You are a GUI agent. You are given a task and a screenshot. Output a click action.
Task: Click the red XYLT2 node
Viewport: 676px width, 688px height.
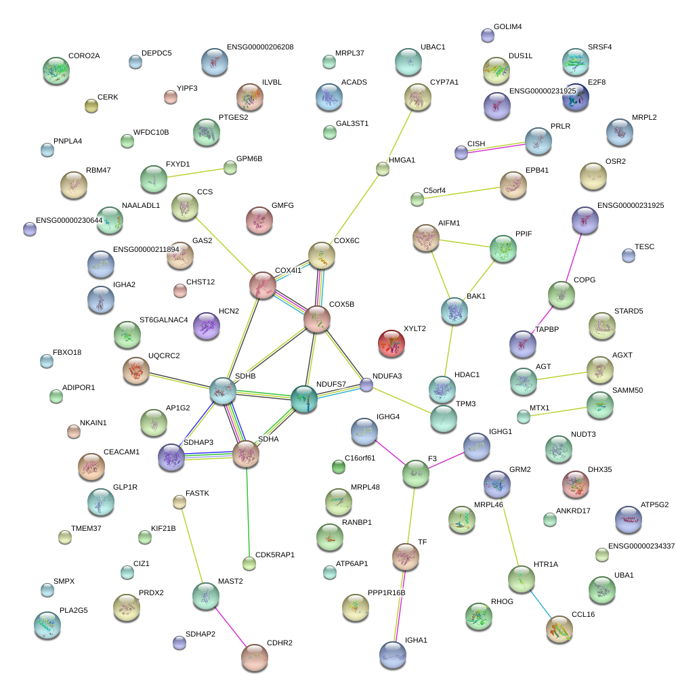click(x=392, y=343)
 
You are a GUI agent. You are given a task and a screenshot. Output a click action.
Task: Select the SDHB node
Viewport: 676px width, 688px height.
click(x=222, y=391)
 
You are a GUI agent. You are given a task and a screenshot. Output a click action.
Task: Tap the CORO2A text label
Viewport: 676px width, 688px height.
click(x=84, y=56)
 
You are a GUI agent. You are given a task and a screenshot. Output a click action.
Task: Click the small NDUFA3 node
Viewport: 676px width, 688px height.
click(x=366, y=385)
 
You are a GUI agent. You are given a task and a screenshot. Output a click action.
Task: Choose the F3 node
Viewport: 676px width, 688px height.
click(x=415, y=473)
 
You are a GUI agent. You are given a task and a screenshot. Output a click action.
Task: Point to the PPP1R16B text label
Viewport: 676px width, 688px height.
click(x=386, y=593)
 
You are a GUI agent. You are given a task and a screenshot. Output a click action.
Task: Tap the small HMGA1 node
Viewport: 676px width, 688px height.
click(x=383, y=169)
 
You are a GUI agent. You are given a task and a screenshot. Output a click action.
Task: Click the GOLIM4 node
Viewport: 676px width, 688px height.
click(x=487, y=36)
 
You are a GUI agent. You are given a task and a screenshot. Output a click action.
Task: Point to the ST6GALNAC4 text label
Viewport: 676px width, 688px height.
click(x=163, y=320)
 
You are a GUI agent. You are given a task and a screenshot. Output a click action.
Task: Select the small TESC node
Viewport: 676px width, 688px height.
click(x=629, y=255)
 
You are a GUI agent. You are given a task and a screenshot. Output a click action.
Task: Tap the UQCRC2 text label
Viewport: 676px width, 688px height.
click(x=164, y=356)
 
